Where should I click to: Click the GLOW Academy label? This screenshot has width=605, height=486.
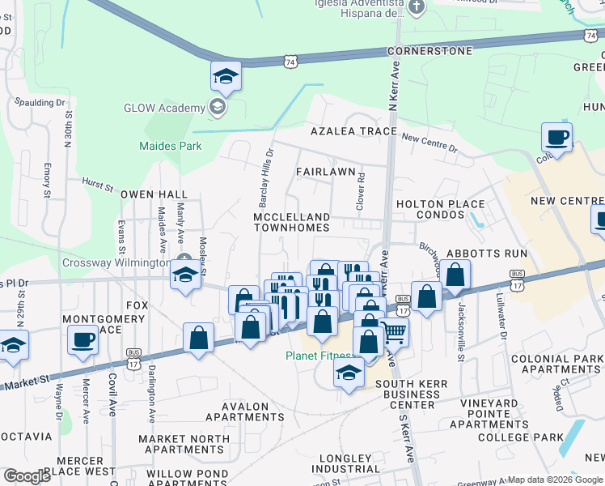tap(164, 109)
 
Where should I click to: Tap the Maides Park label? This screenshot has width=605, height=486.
tap(170, 147)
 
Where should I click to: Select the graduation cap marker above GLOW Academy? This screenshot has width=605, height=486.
tap(226, 77)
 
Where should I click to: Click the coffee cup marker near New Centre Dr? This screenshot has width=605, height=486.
tap(556, 137)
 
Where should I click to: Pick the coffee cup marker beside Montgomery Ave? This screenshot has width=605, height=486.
tap(82, 340)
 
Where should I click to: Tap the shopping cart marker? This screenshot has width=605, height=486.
tap(393, 331)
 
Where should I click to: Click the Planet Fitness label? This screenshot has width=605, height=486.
tap(319, 356)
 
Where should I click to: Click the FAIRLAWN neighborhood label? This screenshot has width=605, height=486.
tap(325, 172)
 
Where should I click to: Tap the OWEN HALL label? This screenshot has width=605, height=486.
tap(154, 195)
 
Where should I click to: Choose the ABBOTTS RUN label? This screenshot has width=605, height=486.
tap(497, 253)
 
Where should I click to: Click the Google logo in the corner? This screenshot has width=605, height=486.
tap(27, 476)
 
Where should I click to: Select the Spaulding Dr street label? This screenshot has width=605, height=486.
tap(40, 103)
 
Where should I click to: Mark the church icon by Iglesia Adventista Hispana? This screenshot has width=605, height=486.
tap(417, 8)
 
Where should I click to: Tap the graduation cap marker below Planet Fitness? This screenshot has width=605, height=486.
tap(349, 373)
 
